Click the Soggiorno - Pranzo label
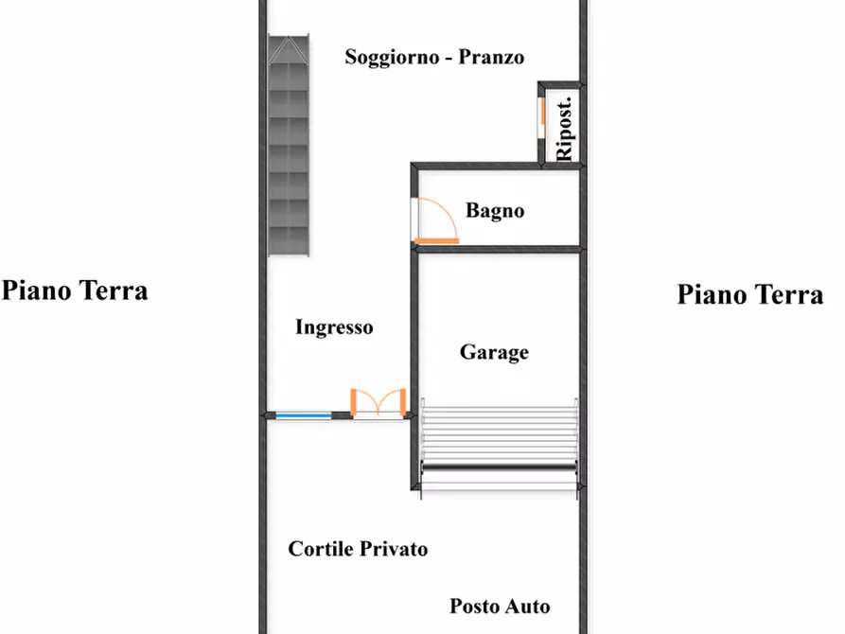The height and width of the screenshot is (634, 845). pos(434,57)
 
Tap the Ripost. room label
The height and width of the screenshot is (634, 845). pos(565,128)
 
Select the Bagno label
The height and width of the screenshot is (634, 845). pos(495,211)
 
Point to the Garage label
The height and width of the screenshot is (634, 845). pos(494,353)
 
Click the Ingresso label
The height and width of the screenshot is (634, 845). pos(334,328)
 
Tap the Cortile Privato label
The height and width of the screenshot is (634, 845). pos(358,549)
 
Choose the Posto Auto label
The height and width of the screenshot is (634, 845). pos(500,607)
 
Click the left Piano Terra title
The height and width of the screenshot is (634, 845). pos(75,290)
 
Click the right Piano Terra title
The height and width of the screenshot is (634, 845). pos(750,294)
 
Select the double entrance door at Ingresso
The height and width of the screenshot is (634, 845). pos(378,405)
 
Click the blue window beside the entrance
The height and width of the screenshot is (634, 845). pos(303,414)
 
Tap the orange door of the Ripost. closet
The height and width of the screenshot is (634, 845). pos(542,113)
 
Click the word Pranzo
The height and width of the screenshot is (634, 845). pos(491,57)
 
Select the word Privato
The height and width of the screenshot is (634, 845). pos(392,549)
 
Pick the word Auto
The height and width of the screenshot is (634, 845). pos(527,607)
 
